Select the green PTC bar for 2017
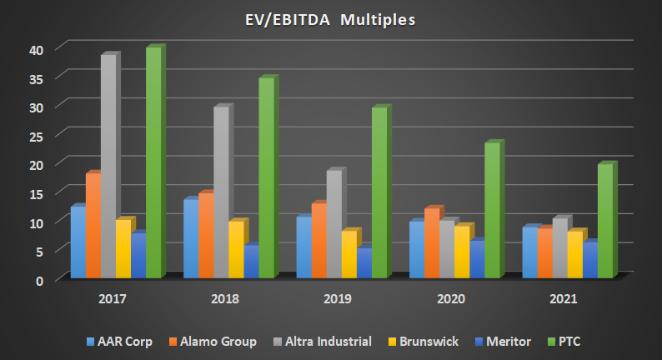(x=153, y=162)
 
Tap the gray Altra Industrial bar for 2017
(x=108, y=166)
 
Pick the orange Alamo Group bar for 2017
(x=93, y=225)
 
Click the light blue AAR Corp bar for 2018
(x=190, y=238)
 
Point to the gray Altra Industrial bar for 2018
(x=220, y=192)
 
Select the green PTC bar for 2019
(x=379, y=192)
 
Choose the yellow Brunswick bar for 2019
(x=349, y=254)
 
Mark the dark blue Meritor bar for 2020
(x=476, y=259)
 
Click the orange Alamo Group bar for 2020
(x=431, y=242)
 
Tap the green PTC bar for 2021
(x=604, y=221)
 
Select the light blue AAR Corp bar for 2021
(x=529, y=252)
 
